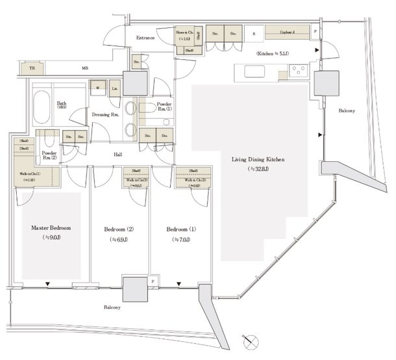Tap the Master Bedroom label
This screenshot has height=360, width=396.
pos(51,229)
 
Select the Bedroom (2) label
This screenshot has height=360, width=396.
pos(118,229)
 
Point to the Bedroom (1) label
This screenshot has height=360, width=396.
pos(180,229)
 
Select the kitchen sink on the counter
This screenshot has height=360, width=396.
pos(252,71)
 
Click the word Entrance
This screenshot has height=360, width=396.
pos(145,38)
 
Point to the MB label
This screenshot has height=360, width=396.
pos(85,68)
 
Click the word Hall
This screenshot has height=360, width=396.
pos(118,155)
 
